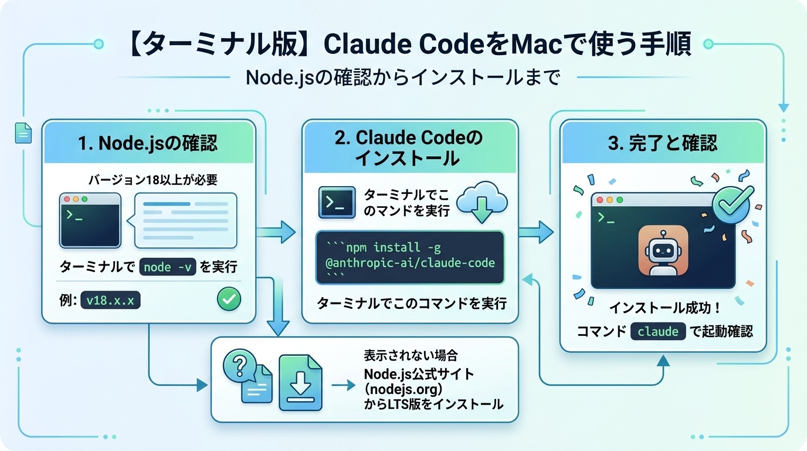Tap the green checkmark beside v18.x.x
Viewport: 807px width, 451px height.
[x=229, y=299]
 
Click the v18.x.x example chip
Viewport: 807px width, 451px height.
[x=110, y=300]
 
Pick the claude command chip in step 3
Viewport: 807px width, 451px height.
[x=657, y=331]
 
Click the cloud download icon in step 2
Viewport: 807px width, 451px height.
[x=482, y=203]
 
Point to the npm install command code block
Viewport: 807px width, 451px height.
[x=410, y=257]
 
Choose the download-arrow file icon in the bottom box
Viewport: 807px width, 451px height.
[x=301, y=382]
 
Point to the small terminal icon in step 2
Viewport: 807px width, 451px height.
[x=336, y=203]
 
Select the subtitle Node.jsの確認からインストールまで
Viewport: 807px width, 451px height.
[x=403, y=78]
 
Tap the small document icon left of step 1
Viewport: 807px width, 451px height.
[x=22, y=133]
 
